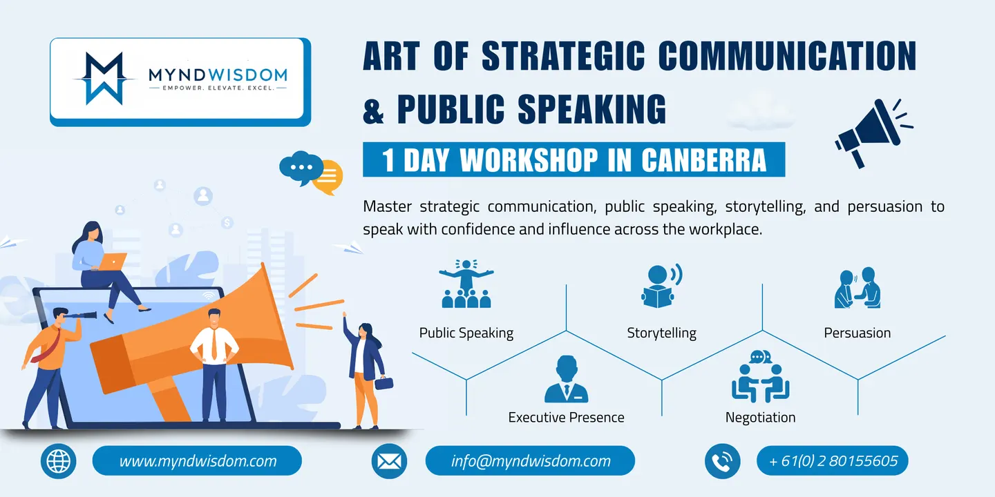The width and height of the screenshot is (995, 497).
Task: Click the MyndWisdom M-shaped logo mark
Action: [x=104, y=79]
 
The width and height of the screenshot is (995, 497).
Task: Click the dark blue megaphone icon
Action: [x=873, y=133]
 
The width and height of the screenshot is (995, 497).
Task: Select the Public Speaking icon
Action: [x=466, y=284]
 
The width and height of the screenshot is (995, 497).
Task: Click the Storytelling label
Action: [x=661, y=333]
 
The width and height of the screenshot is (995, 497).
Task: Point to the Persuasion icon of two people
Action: [x=857, y=288]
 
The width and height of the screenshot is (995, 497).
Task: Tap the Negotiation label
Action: [x=761, y=417]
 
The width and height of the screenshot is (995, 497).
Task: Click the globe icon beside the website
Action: [x=58, y=461]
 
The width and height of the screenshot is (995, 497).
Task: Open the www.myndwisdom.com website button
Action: [x=197, y=460]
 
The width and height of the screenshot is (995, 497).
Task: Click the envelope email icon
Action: [x=389, y=461]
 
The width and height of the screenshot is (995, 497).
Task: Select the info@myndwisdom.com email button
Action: [x=530, y=460]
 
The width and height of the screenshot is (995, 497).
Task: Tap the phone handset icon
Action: [x=722, y=461]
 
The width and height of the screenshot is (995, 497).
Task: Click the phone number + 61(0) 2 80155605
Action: [x=833, y=460]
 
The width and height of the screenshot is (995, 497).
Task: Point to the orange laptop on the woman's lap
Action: [x=111, y=262]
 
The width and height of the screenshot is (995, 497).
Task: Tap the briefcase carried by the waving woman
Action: [x=383, y=382]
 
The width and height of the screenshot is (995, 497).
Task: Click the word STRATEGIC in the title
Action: [x=562, y=56]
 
